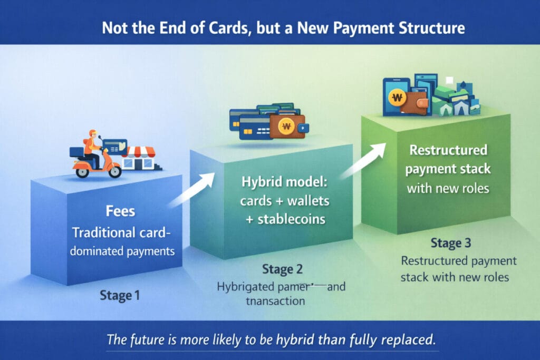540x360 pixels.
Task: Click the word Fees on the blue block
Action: [120, 212]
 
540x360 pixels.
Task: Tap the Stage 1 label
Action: [120, 296]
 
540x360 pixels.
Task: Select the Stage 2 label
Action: [282, 270]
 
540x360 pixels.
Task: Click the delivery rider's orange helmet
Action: [93, 133]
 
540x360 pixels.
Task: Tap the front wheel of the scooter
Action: [112, 171]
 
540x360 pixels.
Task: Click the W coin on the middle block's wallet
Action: [287, 126]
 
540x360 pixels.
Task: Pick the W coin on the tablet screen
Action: [397, 98]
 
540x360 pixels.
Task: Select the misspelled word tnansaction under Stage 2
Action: [276, 301]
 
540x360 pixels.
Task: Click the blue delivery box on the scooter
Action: [78, 152]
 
